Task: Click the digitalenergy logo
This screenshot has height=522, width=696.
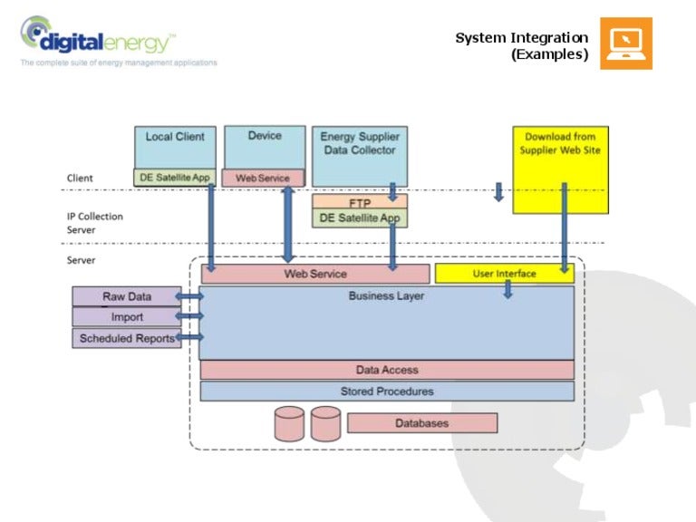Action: [98, 38]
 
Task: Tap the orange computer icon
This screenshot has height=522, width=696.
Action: [625, 43]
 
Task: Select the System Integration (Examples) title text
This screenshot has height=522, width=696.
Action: [522, 46]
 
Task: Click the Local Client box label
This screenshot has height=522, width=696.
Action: [175, 137]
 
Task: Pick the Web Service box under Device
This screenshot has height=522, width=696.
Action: [263, 179]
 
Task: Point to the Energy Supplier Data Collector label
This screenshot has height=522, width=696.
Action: [360, 144]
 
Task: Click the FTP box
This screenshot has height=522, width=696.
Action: [360, 203]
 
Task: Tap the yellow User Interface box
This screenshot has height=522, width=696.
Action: [504, 274]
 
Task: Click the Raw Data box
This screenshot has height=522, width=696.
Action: [126, 296]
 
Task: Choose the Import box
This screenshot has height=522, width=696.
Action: [126, 317]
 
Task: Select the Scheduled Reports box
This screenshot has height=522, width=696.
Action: [126, 338]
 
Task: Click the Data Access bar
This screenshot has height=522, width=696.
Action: [387, 370]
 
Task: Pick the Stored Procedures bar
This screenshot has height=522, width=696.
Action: [387, 391]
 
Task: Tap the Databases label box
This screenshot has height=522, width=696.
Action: [421, 423]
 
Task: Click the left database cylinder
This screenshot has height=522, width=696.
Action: [289, 423]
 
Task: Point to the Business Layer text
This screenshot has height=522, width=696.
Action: [386, 296]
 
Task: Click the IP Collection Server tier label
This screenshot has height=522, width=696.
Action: [94, 223]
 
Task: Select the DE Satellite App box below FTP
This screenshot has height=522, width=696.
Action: [360, 218]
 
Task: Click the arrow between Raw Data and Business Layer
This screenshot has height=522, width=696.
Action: [190, 296]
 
